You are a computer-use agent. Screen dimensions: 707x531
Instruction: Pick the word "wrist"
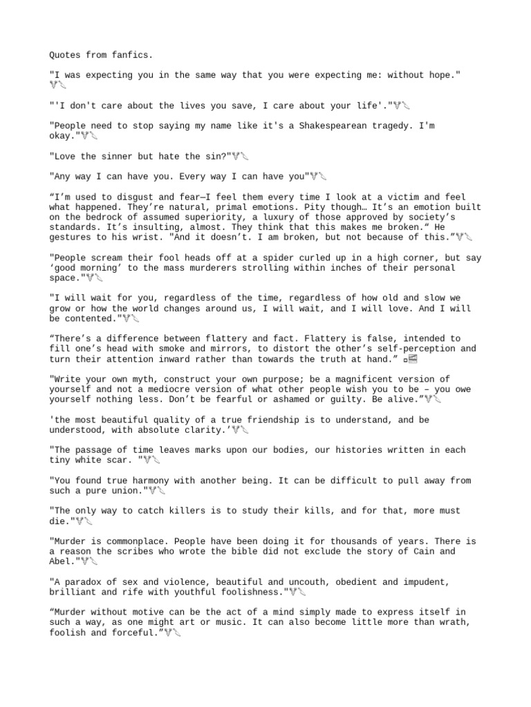146,238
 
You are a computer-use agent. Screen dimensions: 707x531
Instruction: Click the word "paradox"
84,581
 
